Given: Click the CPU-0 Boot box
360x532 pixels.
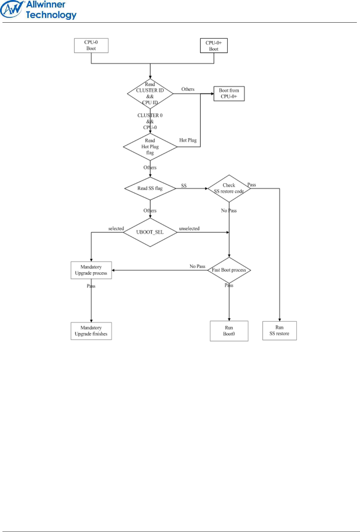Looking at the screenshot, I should click(x=91, y=46).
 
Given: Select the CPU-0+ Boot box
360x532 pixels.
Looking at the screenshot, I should click(x=213, y=46).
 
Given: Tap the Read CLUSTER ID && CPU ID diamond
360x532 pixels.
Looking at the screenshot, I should click(x=150, y=93).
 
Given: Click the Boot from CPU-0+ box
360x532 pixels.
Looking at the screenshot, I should click(x=229, y=94).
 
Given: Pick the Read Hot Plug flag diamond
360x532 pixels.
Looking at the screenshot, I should click(x=150, y=147).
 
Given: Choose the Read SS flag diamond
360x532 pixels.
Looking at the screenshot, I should click(x=150, y=188).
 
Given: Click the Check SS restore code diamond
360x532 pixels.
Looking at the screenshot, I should click(x=229, y=188).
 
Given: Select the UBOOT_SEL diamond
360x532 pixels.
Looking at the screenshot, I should click(x=150, y=232).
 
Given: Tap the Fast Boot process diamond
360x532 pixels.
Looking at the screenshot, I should click(x=229, y=270).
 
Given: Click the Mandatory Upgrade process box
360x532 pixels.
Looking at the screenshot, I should click(x=91, y=270).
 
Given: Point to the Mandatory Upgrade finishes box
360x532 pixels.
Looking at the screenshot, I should click(x=91, y=331).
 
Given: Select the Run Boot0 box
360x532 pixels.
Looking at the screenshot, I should click(x=229, y=331).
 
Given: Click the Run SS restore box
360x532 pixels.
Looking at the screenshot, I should click(x=279, y=330).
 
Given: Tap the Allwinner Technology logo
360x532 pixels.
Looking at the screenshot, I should click(x=39, y=10).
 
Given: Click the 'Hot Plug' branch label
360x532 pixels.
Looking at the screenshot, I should click(x=188, y=140).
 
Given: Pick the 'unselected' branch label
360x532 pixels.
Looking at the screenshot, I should click(x=189, y=229).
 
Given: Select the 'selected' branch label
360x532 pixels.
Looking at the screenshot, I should click(x=116, y=229).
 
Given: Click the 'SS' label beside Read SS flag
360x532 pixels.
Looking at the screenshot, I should click(x=184, y=186).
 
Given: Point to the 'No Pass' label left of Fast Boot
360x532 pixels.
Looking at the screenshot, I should click(x=197, y=266).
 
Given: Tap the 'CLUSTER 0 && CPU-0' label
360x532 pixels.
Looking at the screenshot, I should click(x=150, y=122).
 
